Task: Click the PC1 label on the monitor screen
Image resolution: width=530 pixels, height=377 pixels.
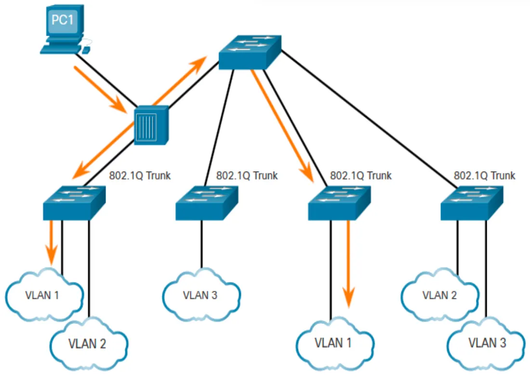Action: coord(62,19)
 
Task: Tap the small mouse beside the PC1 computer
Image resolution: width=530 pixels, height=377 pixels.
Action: coord(86,50)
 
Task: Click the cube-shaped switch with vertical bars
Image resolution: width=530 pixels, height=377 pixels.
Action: coord(151,125)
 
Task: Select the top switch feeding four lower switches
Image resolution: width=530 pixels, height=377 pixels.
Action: coord(250,53)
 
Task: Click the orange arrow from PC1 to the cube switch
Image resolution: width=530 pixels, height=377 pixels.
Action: coord(100,89)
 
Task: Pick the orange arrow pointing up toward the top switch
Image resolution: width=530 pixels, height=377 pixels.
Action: coord(180,81)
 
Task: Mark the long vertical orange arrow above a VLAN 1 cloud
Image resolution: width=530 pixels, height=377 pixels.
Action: coord(348,264)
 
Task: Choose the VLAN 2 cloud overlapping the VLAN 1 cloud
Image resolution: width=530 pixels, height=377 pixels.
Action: coord(89,344)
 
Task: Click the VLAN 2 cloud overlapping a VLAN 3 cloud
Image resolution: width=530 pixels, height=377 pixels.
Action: coord(440,295)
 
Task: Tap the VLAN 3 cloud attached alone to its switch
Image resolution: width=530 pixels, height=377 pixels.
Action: coord(201,295)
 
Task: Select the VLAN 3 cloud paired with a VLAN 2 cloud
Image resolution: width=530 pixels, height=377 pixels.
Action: coord(487,344)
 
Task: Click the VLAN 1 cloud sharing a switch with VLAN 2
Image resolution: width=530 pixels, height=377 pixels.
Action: coord(44,295)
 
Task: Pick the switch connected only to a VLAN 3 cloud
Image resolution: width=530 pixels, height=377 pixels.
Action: coord(207,203)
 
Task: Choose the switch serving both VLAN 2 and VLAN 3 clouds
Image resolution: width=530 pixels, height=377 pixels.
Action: coord(472,203)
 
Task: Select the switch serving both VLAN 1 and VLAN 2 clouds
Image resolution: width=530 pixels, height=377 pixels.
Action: coord(74,203)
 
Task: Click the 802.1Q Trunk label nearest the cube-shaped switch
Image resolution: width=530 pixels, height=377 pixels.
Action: coord(140,175)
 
